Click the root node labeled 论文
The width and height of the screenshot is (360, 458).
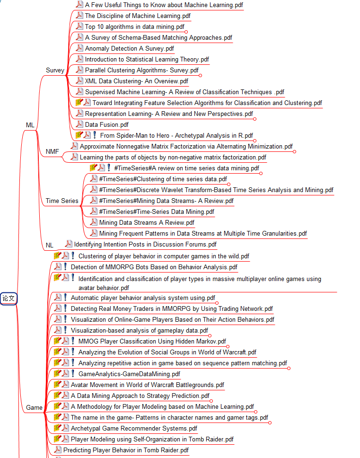click(9, 298)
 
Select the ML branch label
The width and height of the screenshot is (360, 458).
click(30, 125)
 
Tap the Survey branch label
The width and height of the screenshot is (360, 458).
click(55, 70)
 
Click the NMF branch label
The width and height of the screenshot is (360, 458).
click(52, 151)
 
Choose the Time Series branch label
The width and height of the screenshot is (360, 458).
click(62, 201)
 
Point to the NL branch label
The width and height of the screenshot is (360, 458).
click(50, 245)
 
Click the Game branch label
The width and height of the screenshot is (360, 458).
click(34, 407)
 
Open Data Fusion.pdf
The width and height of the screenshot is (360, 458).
click(106, 125)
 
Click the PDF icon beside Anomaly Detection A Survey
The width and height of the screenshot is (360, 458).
click(79, 48)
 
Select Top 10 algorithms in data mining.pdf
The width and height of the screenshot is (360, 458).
click(135, 27)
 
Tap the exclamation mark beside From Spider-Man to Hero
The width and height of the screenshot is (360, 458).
click(95, 135)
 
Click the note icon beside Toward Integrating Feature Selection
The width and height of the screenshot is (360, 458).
click(79, 102)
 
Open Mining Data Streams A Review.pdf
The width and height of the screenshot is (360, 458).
click(147, 222)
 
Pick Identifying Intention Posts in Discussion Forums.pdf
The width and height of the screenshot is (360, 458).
click(145, 245)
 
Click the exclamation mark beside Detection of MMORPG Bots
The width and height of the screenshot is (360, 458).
click(65, 266)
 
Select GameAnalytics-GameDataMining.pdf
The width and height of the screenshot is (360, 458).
click(129, 374)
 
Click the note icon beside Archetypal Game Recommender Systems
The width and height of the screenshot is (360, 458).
click(57, 428)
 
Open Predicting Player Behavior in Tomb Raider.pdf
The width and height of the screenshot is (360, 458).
click(126, 450)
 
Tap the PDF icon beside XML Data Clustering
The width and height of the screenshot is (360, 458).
click(79, 80)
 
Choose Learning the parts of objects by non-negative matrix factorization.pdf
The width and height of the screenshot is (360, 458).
click(173, 158)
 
